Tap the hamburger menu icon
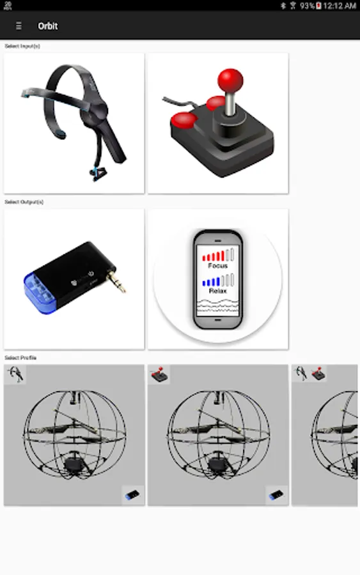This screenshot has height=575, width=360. coord(19,26)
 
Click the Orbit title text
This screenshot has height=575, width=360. coord(48,26)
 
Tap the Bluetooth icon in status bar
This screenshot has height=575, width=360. coord(283,6)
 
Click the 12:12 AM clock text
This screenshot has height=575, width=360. coord(340,6)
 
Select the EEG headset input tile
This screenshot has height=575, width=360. coord(74,123)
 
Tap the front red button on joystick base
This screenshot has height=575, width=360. coord(184,120)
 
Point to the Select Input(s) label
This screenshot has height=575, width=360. coord(22,46)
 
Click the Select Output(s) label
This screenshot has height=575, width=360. coord(24,202)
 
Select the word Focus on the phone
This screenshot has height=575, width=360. coord(217,266)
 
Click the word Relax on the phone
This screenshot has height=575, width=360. coord(217,291)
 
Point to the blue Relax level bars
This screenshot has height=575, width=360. coord(211,282)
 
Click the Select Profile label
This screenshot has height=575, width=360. coord(20,358)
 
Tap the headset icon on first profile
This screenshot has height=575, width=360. coord(15,374)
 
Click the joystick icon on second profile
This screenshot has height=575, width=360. coord(159,374)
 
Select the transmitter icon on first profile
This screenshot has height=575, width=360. coord(132,495)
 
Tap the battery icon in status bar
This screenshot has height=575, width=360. coord(318,6)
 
